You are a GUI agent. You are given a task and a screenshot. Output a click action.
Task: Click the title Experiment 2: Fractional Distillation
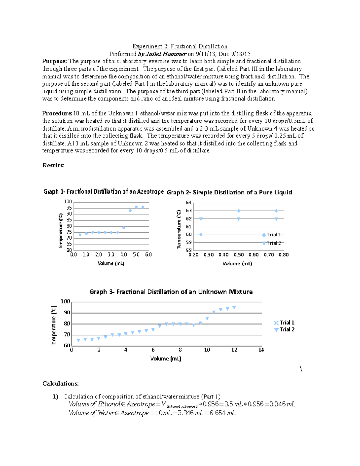coord(180,47)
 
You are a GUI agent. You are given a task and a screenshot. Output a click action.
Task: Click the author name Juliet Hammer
coord(166,54)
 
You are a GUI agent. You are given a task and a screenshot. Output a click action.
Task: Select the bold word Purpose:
coord(54,61)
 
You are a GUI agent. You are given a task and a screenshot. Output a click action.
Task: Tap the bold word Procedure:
coord(57,113)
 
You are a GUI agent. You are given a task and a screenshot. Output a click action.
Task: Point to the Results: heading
coord(53,165)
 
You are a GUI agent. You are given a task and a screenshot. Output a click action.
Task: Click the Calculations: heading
coord(61,383)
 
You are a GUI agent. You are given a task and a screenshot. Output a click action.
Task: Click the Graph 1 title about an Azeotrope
coord(103,192)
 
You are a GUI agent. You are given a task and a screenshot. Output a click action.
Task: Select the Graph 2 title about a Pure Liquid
coord(229,193)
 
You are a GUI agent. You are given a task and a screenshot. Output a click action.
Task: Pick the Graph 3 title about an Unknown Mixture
coord(171,292)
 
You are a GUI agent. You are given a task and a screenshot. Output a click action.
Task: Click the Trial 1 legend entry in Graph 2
coord(272,235)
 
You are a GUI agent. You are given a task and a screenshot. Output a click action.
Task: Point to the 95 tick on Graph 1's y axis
coord(69,208)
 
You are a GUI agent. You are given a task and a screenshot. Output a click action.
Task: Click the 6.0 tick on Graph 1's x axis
coord(148,255)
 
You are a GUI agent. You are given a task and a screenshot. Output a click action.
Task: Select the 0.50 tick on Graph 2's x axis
coord(238,255)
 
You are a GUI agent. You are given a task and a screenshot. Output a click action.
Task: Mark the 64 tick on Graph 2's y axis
coord(189,203)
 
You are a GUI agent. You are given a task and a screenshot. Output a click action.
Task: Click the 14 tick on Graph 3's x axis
coord(261,350)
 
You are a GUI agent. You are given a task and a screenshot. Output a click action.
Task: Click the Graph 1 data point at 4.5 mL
coord(130,211)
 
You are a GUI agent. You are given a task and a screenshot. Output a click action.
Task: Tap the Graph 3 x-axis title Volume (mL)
coord(166,359)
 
